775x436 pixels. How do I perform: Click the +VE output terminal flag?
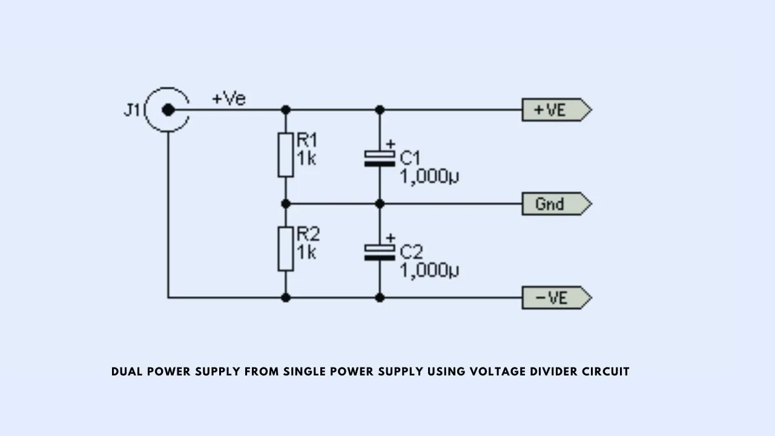(x=556, y=110)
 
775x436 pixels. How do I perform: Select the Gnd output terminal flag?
(x=556, y=204)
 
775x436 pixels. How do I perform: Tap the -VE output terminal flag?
(x=556, y=297)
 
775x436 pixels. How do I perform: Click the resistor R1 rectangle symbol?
(x=286, y=155)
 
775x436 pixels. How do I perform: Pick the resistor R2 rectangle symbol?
(x=286, y=249)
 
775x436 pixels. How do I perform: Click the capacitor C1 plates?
(x=380, y=159)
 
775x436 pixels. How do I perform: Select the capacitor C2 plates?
(x=380, y=253)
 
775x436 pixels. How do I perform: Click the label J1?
(x=131, y=110)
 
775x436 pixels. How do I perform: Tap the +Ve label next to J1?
(x=229, y=98)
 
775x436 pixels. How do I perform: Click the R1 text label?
(x=307, y=140)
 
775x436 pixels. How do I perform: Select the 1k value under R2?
(x=306, y=253)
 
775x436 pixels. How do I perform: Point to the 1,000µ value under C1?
(x=429, y=176)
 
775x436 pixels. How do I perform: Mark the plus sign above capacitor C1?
(x=391, y=144)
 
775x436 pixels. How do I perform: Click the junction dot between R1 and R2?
(x=286, y=204)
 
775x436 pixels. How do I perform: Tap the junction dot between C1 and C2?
(x=380, y=204)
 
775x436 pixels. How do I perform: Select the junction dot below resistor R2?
(x=286, y=297)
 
